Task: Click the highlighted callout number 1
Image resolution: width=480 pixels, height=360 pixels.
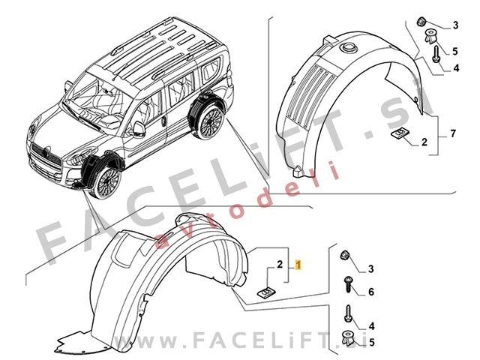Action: pos(298,265)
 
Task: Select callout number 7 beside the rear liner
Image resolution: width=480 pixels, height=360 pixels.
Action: pos(453,133)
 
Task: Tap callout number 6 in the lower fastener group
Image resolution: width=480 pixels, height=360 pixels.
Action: pos(371,292)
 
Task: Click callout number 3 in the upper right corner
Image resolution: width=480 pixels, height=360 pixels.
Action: pos(455,25)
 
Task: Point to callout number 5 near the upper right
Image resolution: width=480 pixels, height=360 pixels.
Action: pos(455,52)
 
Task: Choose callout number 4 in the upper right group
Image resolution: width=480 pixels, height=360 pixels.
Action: pos(456,68)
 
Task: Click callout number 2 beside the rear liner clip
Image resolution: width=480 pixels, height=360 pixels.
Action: pos(424,142)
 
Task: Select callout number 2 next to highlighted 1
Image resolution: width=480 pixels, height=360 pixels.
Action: pos(280,265)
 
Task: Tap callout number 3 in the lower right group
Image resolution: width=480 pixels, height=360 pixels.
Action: pos(371,269)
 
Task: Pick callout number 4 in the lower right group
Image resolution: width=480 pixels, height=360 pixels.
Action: pos(372,326)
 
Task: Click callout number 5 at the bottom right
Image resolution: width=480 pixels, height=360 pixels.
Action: pos(372,342)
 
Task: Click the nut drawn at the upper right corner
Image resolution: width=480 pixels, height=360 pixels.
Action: pos(421,22)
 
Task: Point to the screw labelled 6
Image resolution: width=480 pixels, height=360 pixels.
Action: pos(348,284)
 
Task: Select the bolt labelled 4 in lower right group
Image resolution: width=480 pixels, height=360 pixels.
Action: pos(348,313)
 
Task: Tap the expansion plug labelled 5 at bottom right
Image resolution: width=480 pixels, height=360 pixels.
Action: pos(347,338)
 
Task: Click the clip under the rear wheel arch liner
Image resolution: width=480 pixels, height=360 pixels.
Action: pos(400,133)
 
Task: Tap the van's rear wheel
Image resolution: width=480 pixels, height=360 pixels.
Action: pos(211,121)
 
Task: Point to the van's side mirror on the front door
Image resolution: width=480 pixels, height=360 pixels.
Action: pos(139,129)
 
